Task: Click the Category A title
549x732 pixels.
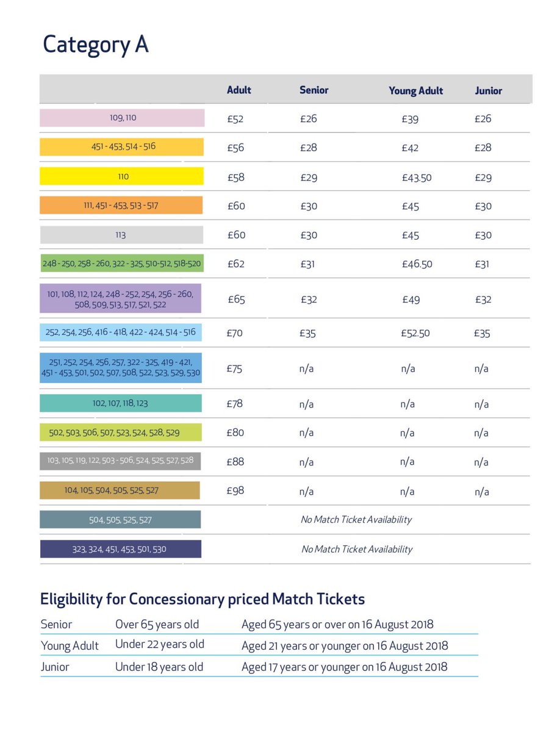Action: coord(95,45)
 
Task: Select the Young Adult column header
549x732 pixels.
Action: coord(415,91)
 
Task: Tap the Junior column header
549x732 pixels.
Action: coord(488,91)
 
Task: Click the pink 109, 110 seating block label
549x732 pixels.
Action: coord(123,118)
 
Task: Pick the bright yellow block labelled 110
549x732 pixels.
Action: coord(123,176)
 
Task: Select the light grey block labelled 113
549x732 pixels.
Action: coord(121,235)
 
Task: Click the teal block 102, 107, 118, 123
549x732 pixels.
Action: coord(120,403)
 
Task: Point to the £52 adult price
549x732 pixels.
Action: coord(235,119)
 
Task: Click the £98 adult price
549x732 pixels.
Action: coord(235,491)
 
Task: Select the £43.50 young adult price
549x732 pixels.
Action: coord(417,178)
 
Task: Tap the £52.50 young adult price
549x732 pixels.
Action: coord(416,334)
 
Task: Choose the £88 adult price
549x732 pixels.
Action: coord(235,462)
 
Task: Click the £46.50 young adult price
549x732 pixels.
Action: coord(417,265)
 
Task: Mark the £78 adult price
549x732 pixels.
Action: coord(235,404)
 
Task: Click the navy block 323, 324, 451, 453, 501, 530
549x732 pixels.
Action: coord(120,549)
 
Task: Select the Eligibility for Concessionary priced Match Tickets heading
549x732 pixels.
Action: coord(203,599)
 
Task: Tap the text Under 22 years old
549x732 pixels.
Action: coord(160,644)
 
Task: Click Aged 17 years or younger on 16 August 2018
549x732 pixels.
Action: coord(344,667)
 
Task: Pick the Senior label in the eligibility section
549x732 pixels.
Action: coord(56,625)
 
